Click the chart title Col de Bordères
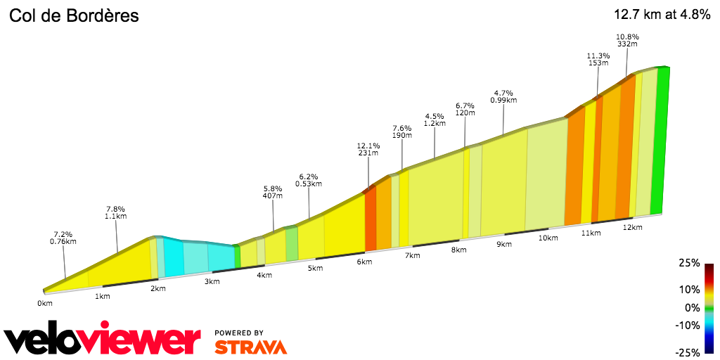point(74,15)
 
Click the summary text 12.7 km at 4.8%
point(662,15)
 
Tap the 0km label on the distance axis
point(45,304)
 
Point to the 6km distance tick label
point(364,262)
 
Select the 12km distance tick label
point(633,227)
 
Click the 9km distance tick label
point(503,244)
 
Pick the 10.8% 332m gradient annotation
point(626,39)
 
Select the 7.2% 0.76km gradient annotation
point(63,238)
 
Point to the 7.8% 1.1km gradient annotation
point(115,212)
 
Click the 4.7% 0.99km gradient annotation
point(503,96)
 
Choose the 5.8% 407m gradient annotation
point(272,192)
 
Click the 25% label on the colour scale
point(690,263)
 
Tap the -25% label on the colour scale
point(688,352)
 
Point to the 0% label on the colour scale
point(692,307)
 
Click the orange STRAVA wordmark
point(250,347)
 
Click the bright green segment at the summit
point(659,141)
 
